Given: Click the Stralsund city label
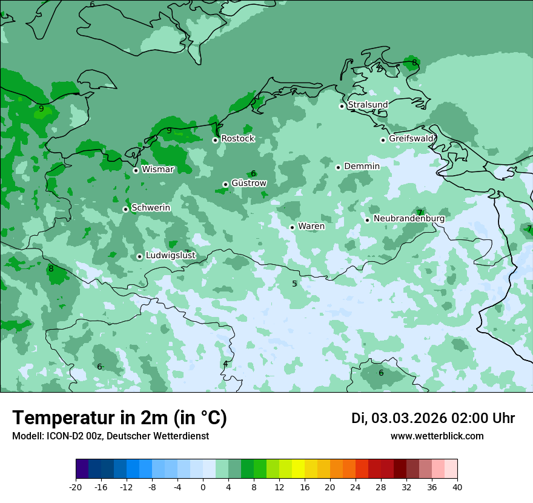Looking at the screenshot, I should coord(368,105).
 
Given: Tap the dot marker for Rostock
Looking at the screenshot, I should coord(215,140).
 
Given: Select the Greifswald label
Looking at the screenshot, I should coord(411,139).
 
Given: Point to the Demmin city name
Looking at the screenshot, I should coord(362,166).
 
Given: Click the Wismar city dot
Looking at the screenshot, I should coord(136,170).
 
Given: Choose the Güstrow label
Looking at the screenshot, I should coord(248,183).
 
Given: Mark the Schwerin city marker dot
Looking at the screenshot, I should coord(125,209).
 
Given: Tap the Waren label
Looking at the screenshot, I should coord(311,226).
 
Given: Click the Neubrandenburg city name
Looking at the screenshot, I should coord(409,218).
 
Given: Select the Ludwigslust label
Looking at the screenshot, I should coord(170,256).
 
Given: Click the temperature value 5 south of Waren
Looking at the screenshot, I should coord(295,284).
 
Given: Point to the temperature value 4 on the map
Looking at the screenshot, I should coord(225,364).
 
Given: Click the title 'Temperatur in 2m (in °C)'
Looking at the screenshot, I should coord(119,418).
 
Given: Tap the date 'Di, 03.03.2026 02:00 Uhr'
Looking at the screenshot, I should coord(432,418).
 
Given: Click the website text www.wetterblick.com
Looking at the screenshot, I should coord(437,436).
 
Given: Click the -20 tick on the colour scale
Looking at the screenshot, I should coord(76,487).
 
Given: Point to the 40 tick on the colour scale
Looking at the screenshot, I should coord(457,487).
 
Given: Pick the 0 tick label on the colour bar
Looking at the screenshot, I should coord(203,487).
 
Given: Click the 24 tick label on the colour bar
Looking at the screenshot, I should coord(356,487).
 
